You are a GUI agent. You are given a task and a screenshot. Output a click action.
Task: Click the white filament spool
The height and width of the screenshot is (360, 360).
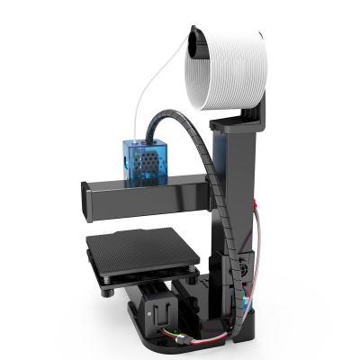point(236,70)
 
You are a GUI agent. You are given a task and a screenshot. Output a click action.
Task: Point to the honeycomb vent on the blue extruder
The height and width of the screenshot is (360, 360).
point(154,160)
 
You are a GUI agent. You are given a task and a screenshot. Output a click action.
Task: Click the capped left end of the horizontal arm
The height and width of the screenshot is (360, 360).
point(90,203)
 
